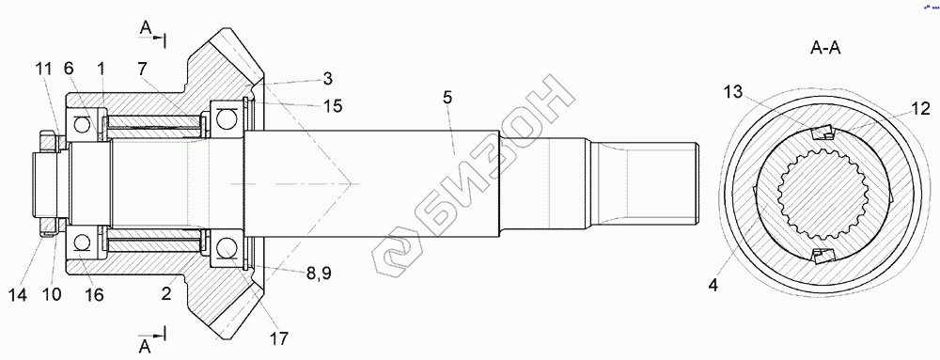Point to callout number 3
pos(327,78)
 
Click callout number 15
pos(333,106)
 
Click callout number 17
pos(279,338)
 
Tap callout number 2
pos(166,293)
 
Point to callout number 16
pos(94,295)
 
